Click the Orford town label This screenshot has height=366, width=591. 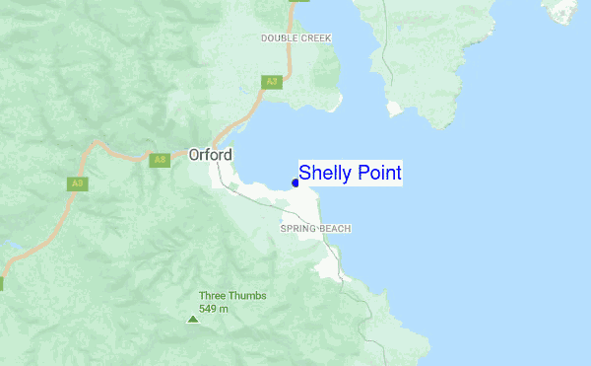[210, 156]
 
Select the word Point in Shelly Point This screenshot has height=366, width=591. [378, 174]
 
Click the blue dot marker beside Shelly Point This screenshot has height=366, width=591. [295, 182]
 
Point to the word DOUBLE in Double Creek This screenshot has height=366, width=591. [280, 37]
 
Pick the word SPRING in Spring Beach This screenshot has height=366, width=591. [298, 229]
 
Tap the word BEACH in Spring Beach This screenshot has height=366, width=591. [335, 229]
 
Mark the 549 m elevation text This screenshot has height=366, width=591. [214, 309]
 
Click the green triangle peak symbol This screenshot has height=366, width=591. [192, 319]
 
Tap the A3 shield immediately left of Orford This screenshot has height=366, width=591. [160, 160]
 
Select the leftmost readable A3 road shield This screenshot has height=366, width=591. [77, 183]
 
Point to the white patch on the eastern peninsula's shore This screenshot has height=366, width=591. [395, 108]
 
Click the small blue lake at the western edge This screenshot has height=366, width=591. [8, 243]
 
